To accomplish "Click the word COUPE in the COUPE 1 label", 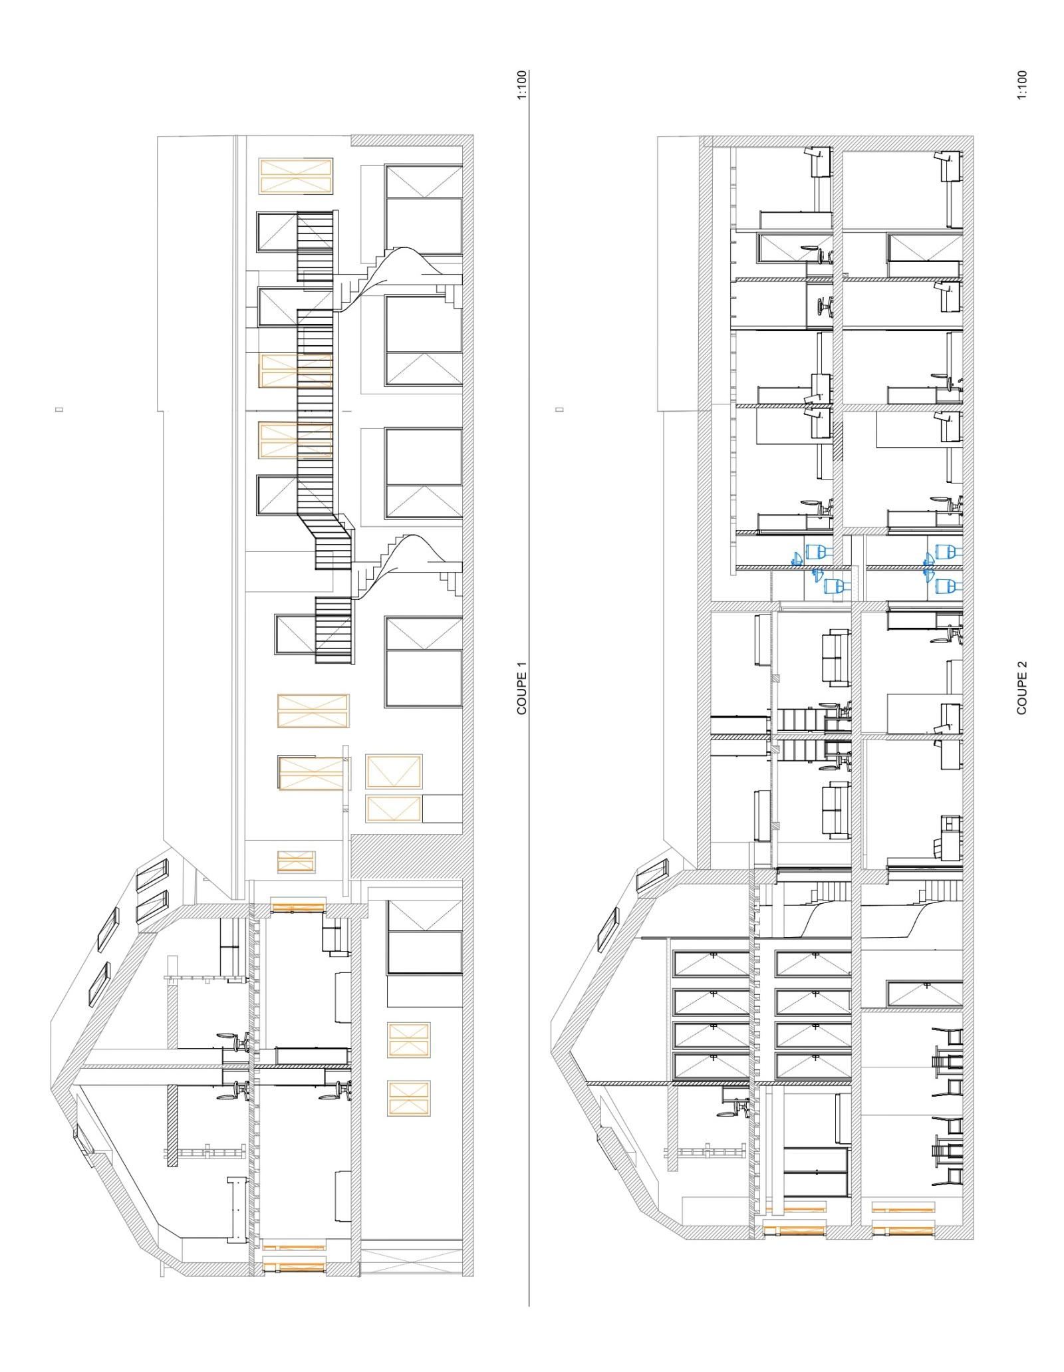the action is pos(521,694).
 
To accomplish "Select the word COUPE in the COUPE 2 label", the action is pos(1021,694).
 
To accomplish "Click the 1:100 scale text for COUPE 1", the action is pos(521,85).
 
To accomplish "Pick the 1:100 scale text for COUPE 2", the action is pos(1022,85).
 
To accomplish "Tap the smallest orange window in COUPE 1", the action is pos(296,861).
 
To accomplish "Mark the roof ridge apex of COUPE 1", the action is pos(53,1089).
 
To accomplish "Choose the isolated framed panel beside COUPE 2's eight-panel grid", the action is pos(925,993).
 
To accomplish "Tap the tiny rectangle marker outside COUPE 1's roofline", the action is pos(60,409).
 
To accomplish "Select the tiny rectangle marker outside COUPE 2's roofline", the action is pos(560,409).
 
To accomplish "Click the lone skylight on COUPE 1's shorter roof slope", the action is pos(84,1139).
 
